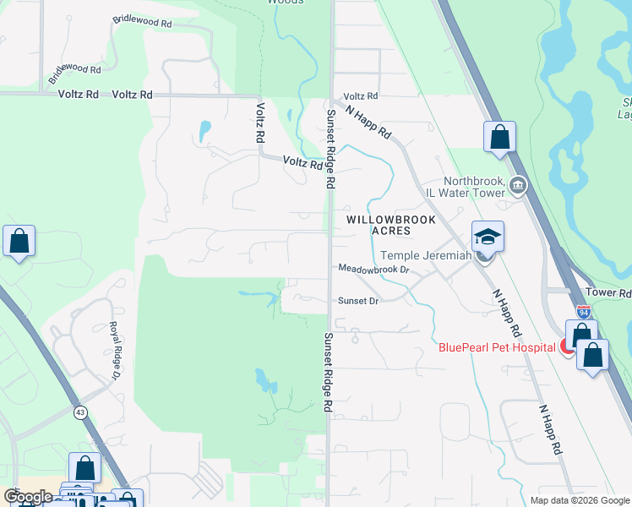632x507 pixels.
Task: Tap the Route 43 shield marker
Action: click(80, 412)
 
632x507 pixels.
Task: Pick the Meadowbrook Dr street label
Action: click(373, 270)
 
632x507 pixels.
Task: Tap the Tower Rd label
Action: click(613, 293)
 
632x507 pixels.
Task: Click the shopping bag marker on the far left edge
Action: click(19, 243)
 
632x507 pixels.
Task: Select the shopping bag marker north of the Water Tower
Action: click(499, 138)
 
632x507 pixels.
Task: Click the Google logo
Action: click(28, 496)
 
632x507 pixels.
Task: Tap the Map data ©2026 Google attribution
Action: click(580, 500)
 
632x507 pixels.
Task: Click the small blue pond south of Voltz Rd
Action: click(204, 131)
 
